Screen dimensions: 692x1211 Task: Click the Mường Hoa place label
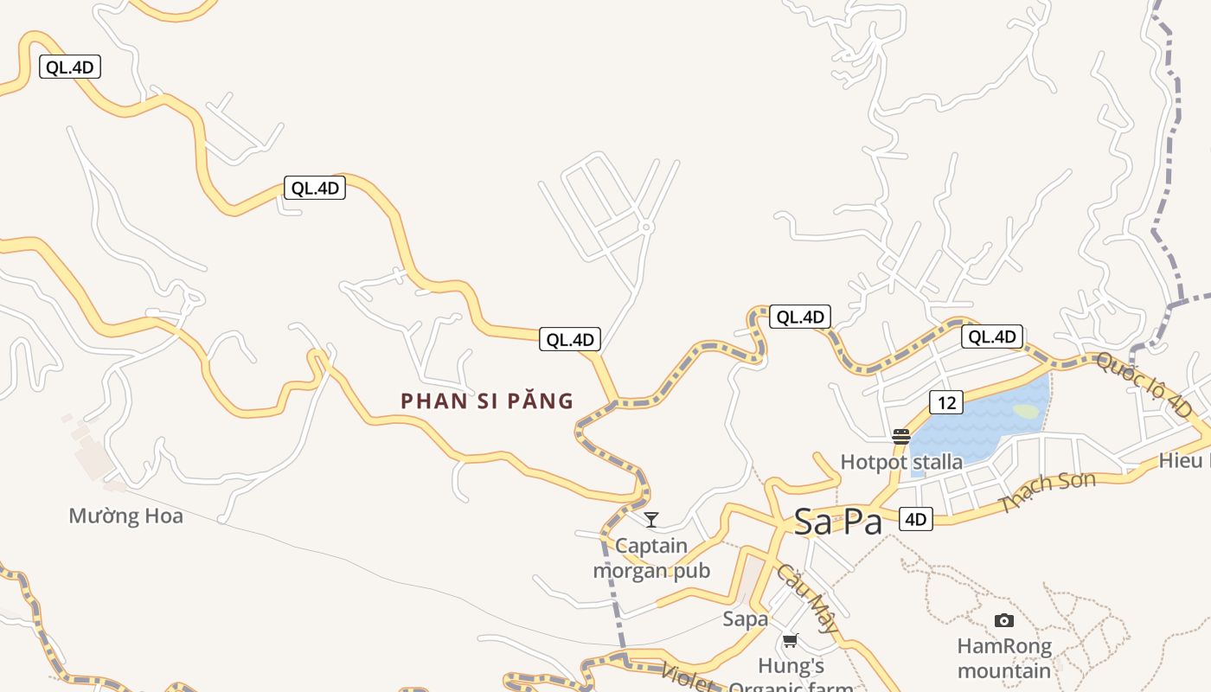(x=125, y=516)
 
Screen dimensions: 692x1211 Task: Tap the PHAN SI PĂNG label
(x=487, y=401)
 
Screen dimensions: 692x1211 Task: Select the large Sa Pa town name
(x=837, y=522)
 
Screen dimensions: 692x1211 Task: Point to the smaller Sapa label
(x=746, y=619)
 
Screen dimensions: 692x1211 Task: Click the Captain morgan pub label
(x=651, y=559)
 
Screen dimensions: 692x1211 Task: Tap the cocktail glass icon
(x=651, y=519)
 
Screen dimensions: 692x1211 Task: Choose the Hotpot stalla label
(x=901, y=462)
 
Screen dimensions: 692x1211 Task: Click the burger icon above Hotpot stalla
(x=901, y=437)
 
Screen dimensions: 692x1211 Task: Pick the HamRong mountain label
(x=1004, y=658)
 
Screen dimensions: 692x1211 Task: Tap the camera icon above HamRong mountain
(x=1003, y=620)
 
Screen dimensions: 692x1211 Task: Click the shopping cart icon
(x=790, y=641)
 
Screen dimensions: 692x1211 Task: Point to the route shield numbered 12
(x=946, y=402)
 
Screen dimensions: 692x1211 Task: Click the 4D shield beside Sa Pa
(x=915, y=519)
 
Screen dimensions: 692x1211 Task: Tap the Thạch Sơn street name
(x=1048, y=491)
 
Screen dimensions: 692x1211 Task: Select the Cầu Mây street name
(x=806, y=597)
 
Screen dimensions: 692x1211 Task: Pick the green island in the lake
(x=1026, y=412)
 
